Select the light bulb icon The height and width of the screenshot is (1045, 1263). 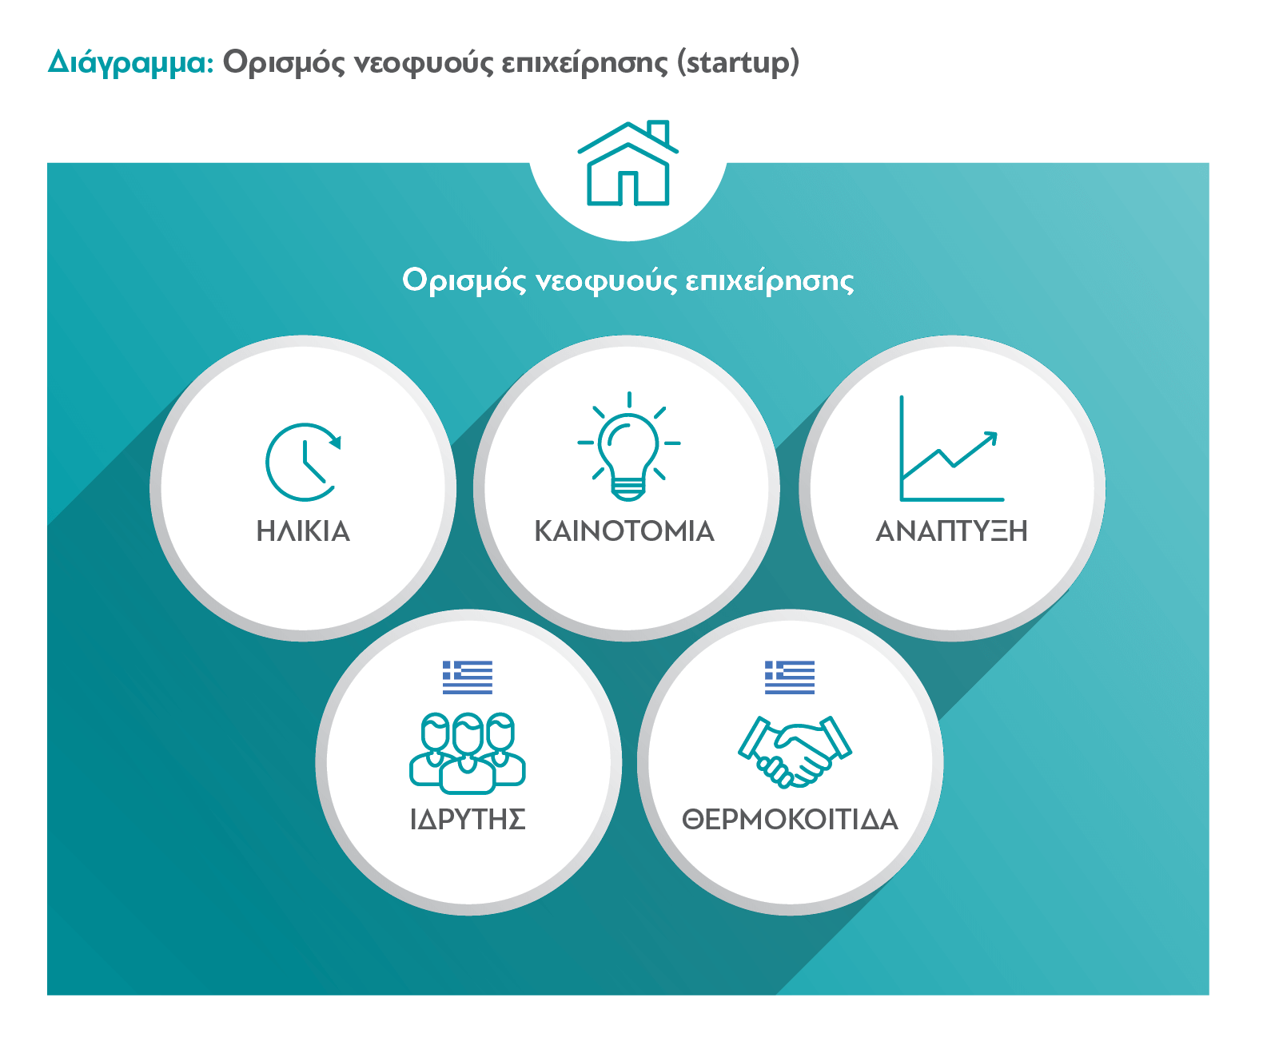tap(628, 447)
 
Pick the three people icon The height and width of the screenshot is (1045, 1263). tap(467, 753)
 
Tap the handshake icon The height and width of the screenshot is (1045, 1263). tap(795, 752)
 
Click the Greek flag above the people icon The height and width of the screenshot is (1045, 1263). tap(467, 677)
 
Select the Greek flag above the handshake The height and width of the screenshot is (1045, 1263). tap(790, 677)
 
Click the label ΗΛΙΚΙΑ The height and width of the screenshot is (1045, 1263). tap(303, 531)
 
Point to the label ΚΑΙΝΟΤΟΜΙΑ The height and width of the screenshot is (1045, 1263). tap(624, 531)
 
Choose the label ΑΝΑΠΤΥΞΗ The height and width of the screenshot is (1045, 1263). tap(951, 531)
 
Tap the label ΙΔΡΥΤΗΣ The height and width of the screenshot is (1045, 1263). tap(468, 820)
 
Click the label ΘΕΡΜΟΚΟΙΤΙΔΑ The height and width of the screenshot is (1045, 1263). tap(790, 820)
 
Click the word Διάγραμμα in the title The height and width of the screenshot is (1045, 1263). tap(131, 63)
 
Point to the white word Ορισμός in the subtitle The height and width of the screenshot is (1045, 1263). tap(464, 280)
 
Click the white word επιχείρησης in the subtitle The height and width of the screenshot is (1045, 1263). tap(770, 280)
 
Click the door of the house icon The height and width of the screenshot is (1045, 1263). tap(628, 189)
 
